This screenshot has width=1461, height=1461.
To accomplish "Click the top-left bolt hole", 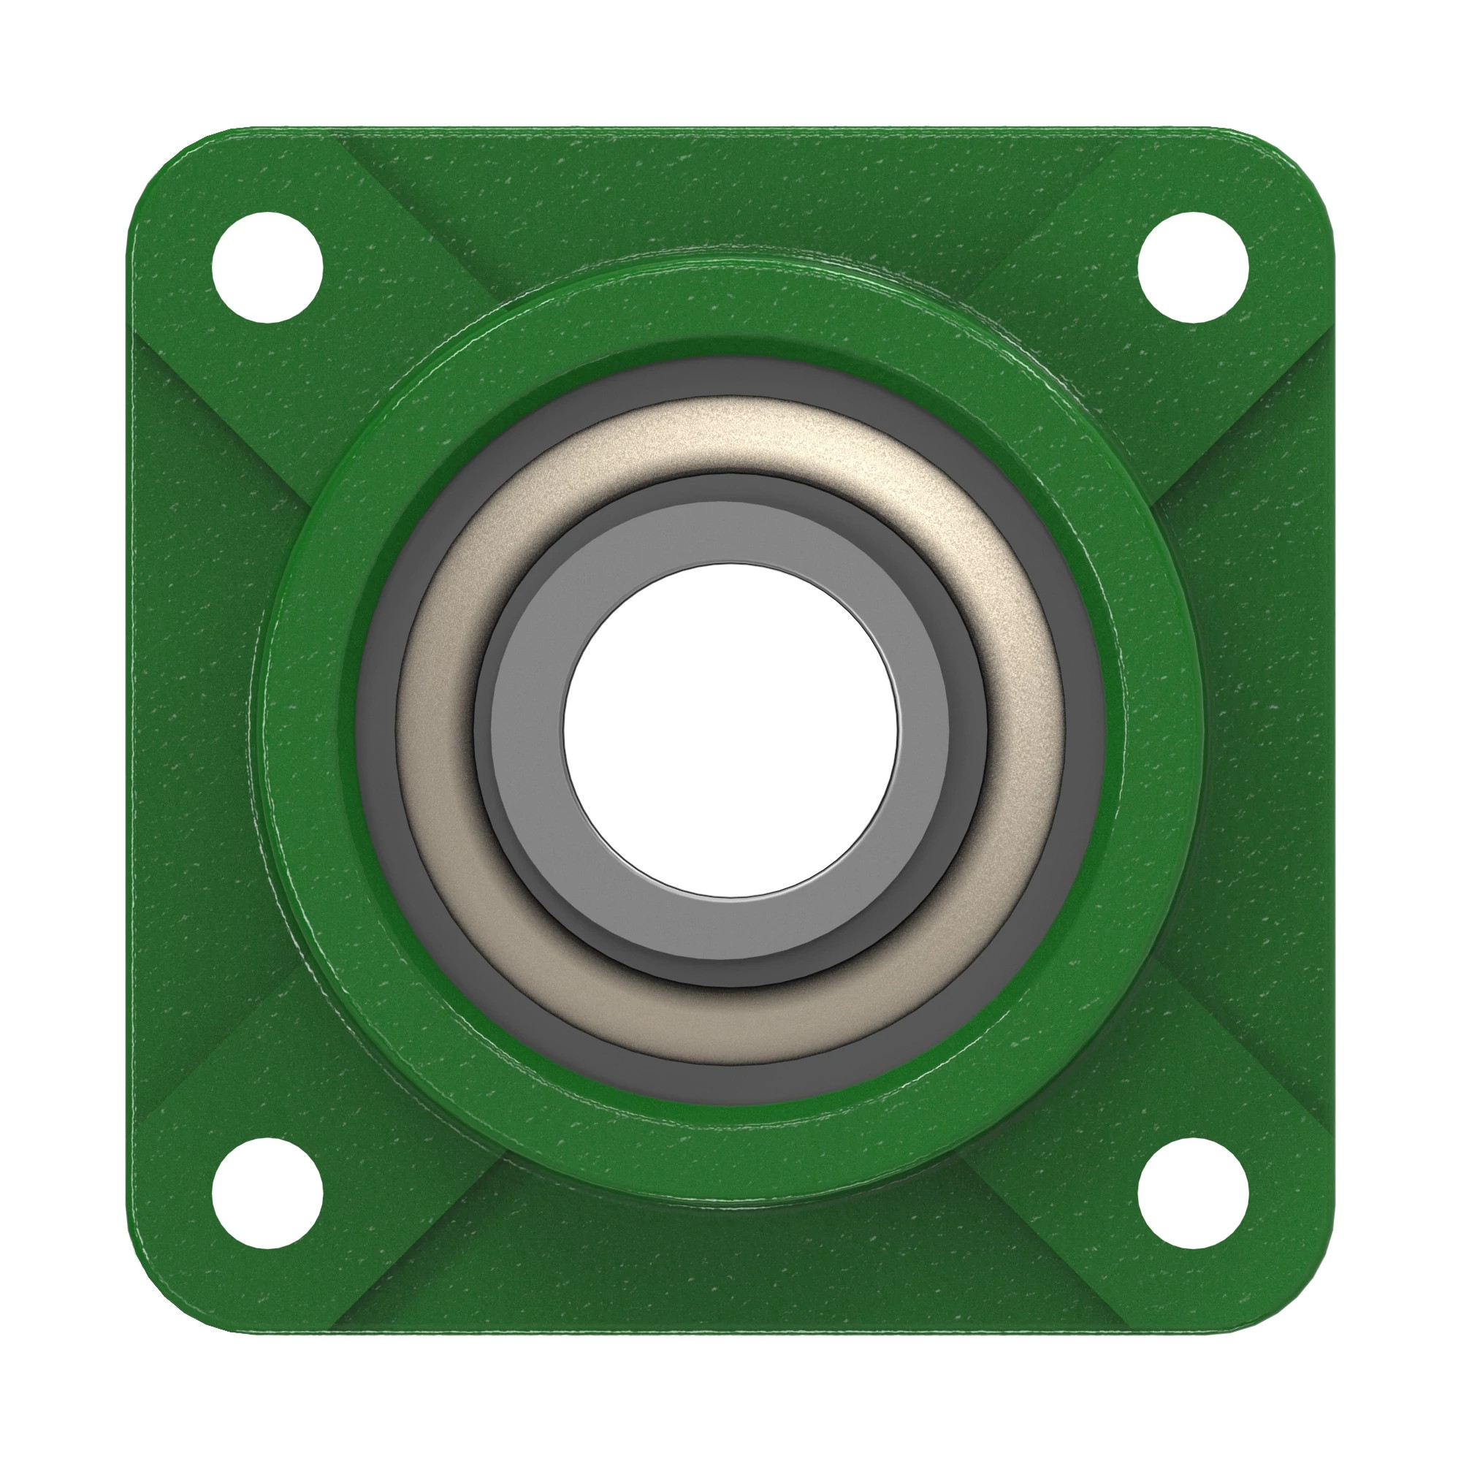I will [x=267, y=267].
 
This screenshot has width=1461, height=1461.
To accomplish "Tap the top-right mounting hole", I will [x=1193, y=267].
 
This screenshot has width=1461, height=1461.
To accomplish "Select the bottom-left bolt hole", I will [x=267, y=1194].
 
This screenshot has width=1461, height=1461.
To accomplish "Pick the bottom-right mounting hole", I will [x=1193, y=1194].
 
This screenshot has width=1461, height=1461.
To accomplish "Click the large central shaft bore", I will [x=730, y=730].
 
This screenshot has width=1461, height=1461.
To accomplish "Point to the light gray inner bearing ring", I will [x=730, y=533].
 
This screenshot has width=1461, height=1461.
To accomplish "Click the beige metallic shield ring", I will [x=730, y=435].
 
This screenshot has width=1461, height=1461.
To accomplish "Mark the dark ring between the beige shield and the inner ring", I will [x=730, y=488].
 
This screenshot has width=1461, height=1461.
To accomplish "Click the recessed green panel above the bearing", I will [x=730, y=197].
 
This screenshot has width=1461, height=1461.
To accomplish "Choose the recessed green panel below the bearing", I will [x=730, y=1270].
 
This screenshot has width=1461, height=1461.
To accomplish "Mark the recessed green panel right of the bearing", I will [x=1270, y=730].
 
